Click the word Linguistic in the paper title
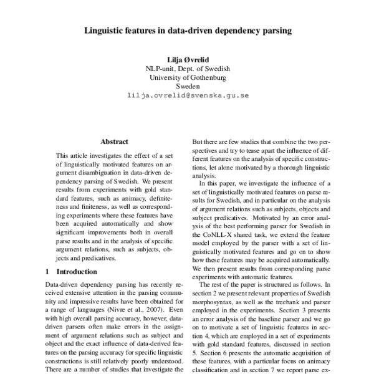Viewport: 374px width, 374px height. pos(105,29)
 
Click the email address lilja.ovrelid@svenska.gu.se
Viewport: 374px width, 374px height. pos(187,96)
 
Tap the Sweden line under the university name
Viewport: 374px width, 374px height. pos(187,87)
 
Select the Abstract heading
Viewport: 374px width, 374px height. pos(114,142)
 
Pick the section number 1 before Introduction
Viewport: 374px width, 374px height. pos(49,272)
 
